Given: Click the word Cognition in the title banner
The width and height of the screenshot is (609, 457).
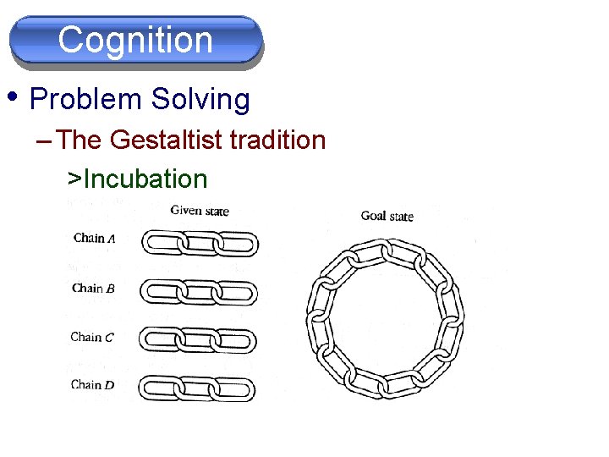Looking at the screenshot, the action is tap(135, 40).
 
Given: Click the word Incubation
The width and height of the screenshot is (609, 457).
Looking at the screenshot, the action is tap(145, 179).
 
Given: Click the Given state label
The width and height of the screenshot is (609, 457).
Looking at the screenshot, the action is tap(200, 211).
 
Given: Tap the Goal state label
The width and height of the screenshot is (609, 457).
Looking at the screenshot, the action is tap(387, 216).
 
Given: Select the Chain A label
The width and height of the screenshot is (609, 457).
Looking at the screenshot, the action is tap(93, 238).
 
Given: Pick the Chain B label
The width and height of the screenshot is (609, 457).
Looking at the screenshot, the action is tap(93, 288).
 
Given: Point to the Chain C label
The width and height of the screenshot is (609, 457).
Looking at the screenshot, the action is tap(92, 337).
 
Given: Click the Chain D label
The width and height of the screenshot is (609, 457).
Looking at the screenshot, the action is tap(92, 385).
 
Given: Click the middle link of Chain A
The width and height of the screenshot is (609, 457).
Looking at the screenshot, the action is tap(198, 245).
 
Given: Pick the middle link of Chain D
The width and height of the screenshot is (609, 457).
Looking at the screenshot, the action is tap(198, 389).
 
